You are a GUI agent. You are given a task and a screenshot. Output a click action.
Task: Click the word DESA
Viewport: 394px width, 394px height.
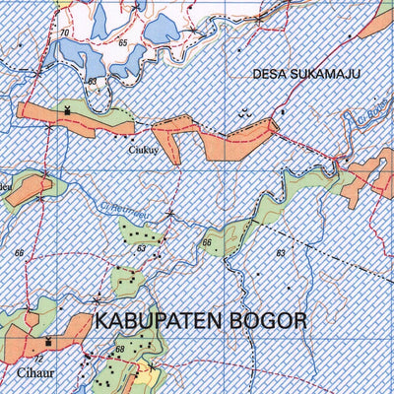tap(270, 73)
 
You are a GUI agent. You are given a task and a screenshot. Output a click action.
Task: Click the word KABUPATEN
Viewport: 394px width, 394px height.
tap(162, 321)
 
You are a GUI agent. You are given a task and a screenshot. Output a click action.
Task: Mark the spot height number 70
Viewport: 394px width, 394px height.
tap(64, 33)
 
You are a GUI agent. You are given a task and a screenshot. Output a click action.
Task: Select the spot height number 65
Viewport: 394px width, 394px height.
tap(122, 44)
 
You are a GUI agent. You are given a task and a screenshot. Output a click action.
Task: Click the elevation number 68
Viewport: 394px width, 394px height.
tap(119, 350)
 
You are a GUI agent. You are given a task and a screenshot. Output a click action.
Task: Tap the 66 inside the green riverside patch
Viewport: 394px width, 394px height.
tap(207, 242)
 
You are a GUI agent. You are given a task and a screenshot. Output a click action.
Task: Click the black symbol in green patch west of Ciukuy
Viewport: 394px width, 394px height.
tap(67, 110)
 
